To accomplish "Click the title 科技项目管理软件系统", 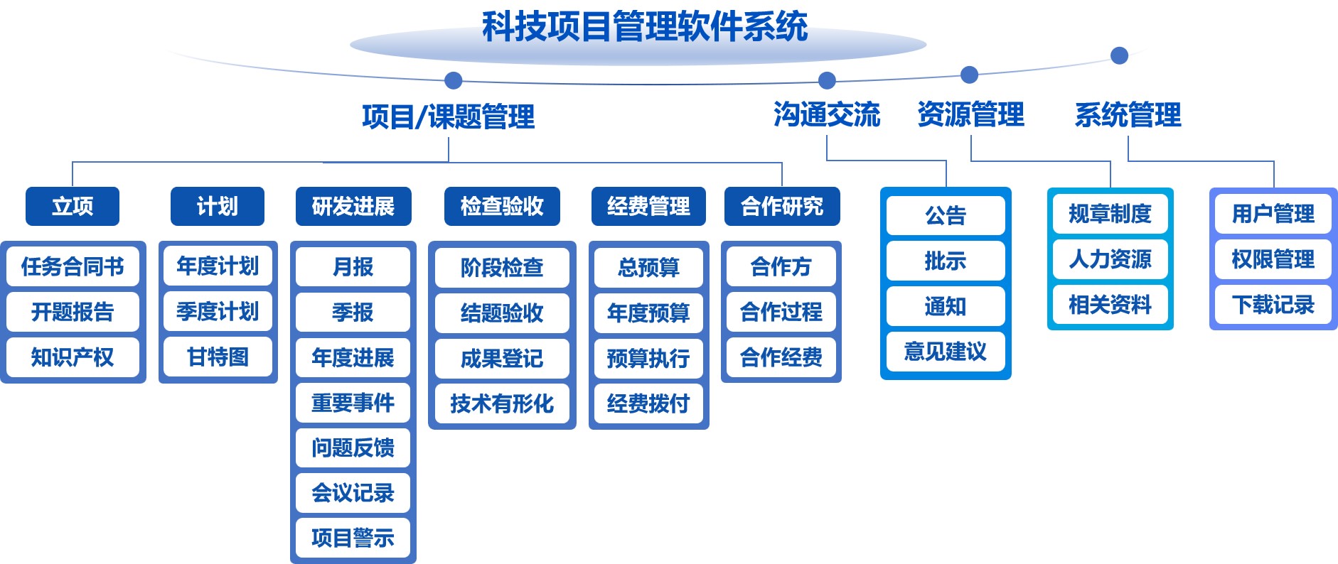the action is [645, 27].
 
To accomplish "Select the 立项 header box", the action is [73, 206].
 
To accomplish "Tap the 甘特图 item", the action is [218, 357].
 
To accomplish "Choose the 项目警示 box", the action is [353, 538].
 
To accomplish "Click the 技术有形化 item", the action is [502, 403].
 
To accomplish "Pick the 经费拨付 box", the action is [648, 403].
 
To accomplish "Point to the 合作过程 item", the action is [781, 311].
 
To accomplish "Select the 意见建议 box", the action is [946, 352].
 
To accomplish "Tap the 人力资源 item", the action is [1110, 259].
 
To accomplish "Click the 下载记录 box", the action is [1273, 305].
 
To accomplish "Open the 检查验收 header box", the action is [502, 206].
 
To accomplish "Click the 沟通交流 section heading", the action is [827, 115].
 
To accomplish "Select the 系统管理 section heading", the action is [1128, 115].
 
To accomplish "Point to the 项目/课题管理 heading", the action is [449, 117].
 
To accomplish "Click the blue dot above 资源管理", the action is [969, 75].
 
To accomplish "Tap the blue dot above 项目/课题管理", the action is [453, 80].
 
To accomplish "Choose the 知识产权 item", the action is [73, 357].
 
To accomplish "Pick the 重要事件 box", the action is [353, 403].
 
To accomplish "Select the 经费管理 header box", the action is [648, 206].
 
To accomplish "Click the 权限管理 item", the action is [1273, 259].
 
